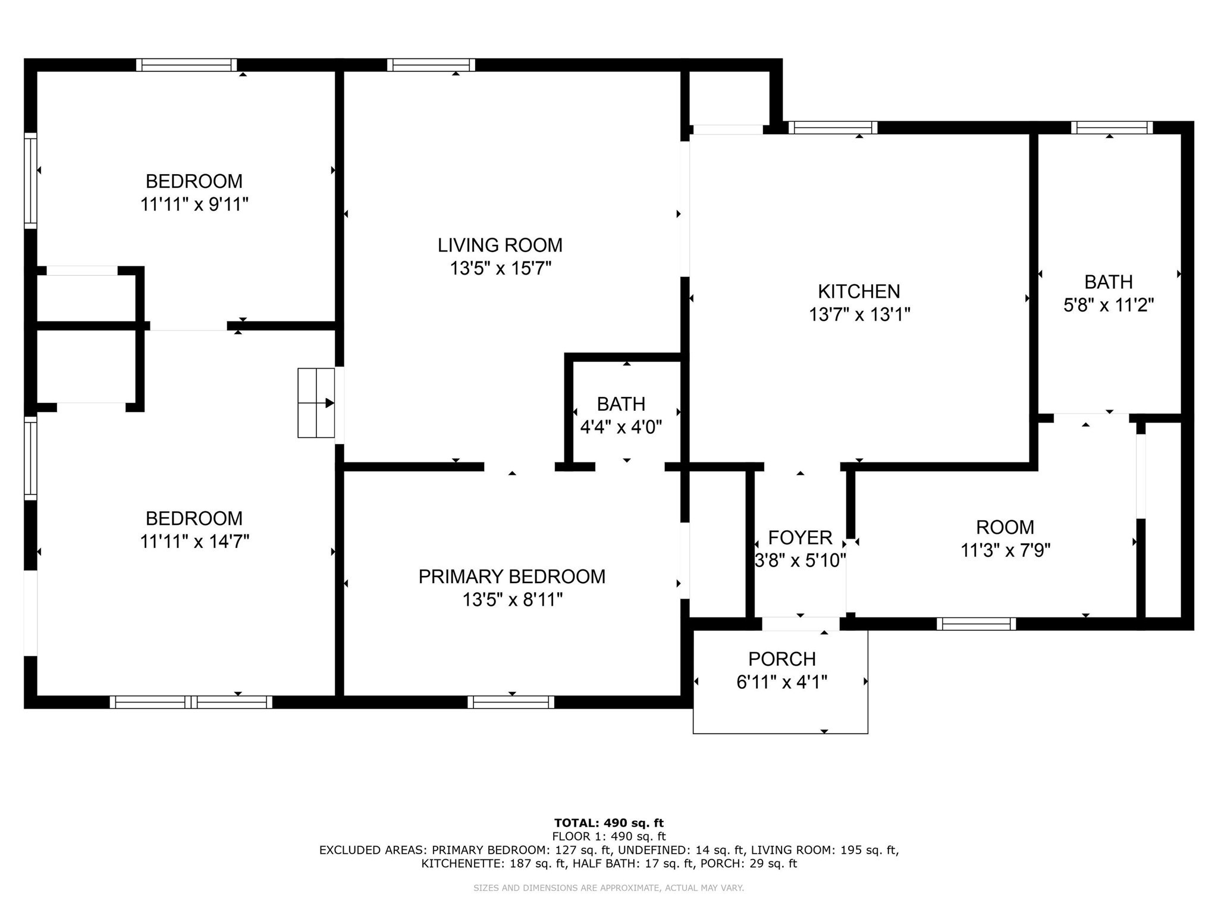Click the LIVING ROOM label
500,245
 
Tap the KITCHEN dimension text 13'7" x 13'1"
859,314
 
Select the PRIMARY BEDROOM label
511,577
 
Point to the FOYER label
800,538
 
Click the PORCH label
781,659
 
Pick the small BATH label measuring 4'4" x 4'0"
621,404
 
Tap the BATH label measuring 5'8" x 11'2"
1108,282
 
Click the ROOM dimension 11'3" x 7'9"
1005,550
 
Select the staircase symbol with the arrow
316,403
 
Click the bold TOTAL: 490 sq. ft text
608,823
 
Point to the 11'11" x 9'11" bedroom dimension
194,204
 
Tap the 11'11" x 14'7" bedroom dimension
194,541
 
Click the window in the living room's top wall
431,65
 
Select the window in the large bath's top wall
1112,127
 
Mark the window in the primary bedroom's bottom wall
511,702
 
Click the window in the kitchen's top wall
833,127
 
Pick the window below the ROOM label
976,624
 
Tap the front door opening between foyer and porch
801,624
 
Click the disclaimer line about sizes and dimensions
608,888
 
